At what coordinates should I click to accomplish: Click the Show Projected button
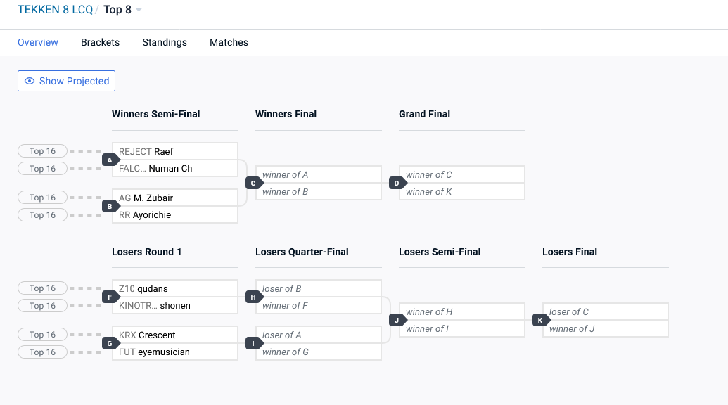[x=66, y=81]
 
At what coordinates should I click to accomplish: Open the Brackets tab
[x=101, y=42]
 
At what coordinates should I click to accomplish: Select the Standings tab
[x=165, y=42]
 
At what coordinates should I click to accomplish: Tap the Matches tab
[x=229, y=42]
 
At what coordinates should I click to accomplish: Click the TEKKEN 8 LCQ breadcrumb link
[x=56, y=10]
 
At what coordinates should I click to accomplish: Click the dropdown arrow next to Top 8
[x=139, y=10]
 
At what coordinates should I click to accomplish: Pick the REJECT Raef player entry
[x=175, y=151]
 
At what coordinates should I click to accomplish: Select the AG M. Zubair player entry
[x=175, y=198]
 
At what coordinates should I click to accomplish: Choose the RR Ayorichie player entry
[x=175, y=214]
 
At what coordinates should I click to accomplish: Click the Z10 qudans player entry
[x=175, y=288]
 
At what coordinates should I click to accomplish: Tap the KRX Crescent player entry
[x=175, y=335]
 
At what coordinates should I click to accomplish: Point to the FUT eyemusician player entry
[x=175, y=352]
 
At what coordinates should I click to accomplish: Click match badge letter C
[x=254, y=184]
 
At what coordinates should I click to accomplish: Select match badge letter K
[x=541, y=320]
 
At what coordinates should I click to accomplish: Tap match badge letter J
[x=397, y=320]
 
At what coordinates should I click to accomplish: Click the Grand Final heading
[x=424, y=114]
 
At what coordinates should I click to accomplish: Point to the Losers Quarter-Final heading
[x=302, y=252]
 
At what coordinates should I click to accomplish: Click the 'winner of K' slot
[x=462, y=191]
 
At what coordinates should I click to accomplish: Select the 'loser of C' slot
[x=606, y=311]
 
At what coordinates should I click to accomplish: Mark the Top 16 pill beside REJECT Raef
[x=42, y=151]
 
